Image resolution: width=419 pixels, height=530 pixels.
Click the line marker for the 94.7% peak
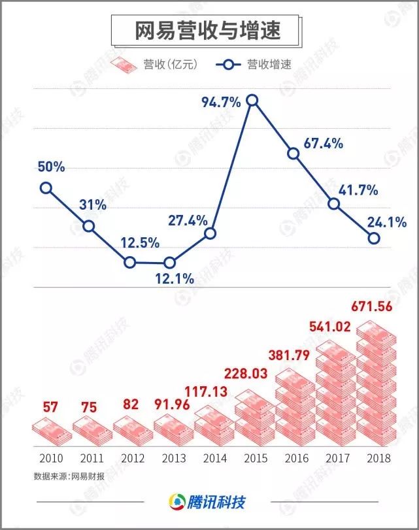pyautogui.click(x=252, y=100)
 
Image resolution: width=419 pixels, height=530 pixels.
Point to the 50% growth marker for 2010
pyautogui.click(x=46, y=188)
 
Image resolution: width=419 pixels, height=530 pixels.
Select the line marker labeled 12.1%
pyautogui.click(x=170, y=263)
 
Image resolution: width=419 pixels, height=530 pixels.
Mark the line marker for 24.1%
pyautogui.click(x=374, y=239)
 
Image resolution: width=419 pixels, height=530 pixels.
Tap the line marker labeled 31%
pyautogui.click(x=88, y=227)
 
